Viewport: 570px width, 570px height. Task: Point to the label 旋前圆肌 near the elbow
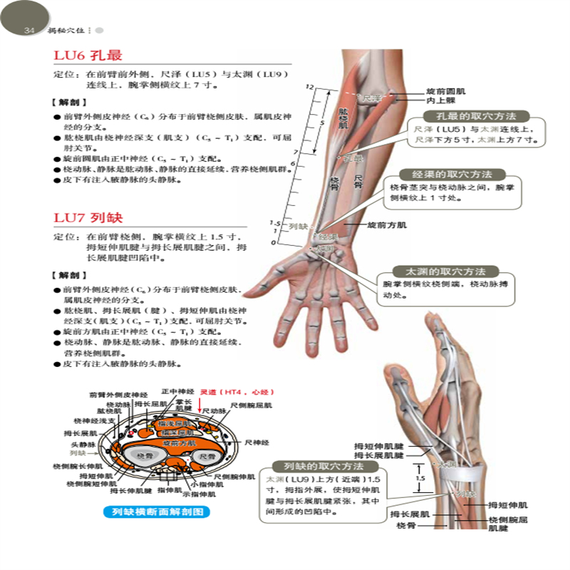[x=446, y=92]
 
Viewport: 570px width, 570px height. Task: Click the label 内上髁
[x=439, y=102]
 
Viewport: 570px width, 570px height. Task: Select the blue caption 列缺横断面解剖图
[x=156, y=511]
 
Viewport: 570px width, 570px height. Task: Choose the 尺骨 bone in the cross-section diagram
[x=207, y=455]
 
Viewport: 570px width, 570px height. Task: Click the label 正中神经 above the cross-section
[x=177, y=392]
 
